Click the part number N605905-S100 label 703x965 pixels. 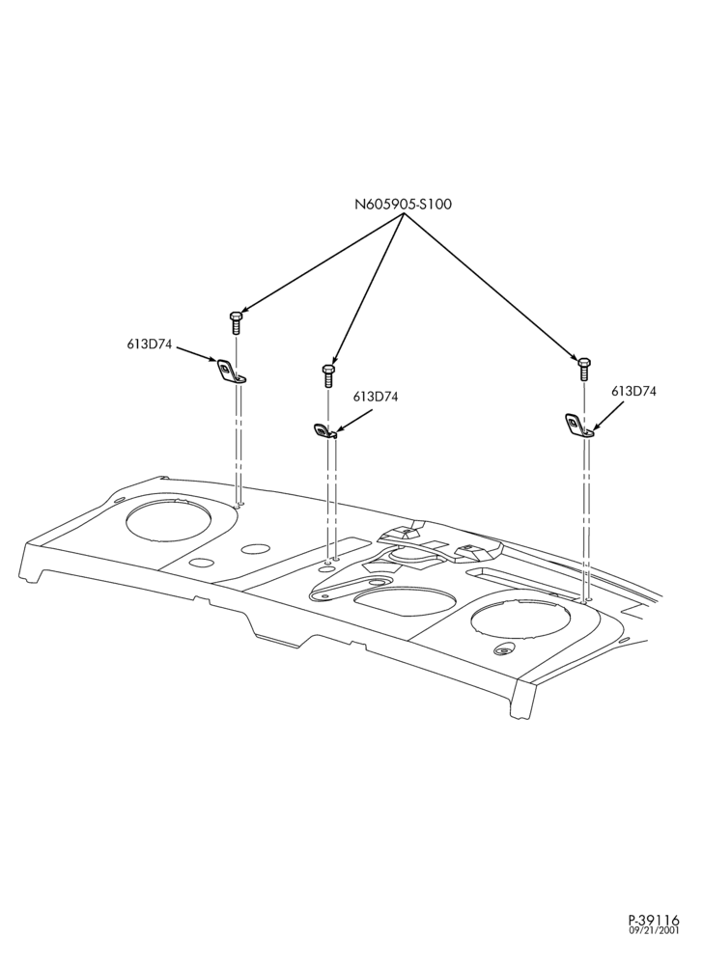[x=403, y=205]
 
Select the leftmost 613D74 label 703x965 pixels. [x=150, y=345]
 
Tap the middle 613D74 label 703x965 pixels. [x=376, y=397]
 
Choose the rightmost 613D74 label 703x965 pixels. [x=633, y=391]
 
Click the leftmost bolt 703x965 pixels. [x=236, y=322]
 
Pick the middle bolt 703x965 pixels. [x=328, y=374]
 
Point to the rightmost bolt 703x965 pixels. [x=583, y=370]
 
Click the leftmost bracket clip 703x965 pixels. [x=230, y=372]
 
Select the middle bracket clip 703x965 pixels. [x=324, y=430]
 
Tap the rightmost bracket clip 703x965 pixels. [x=579, y=426]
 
